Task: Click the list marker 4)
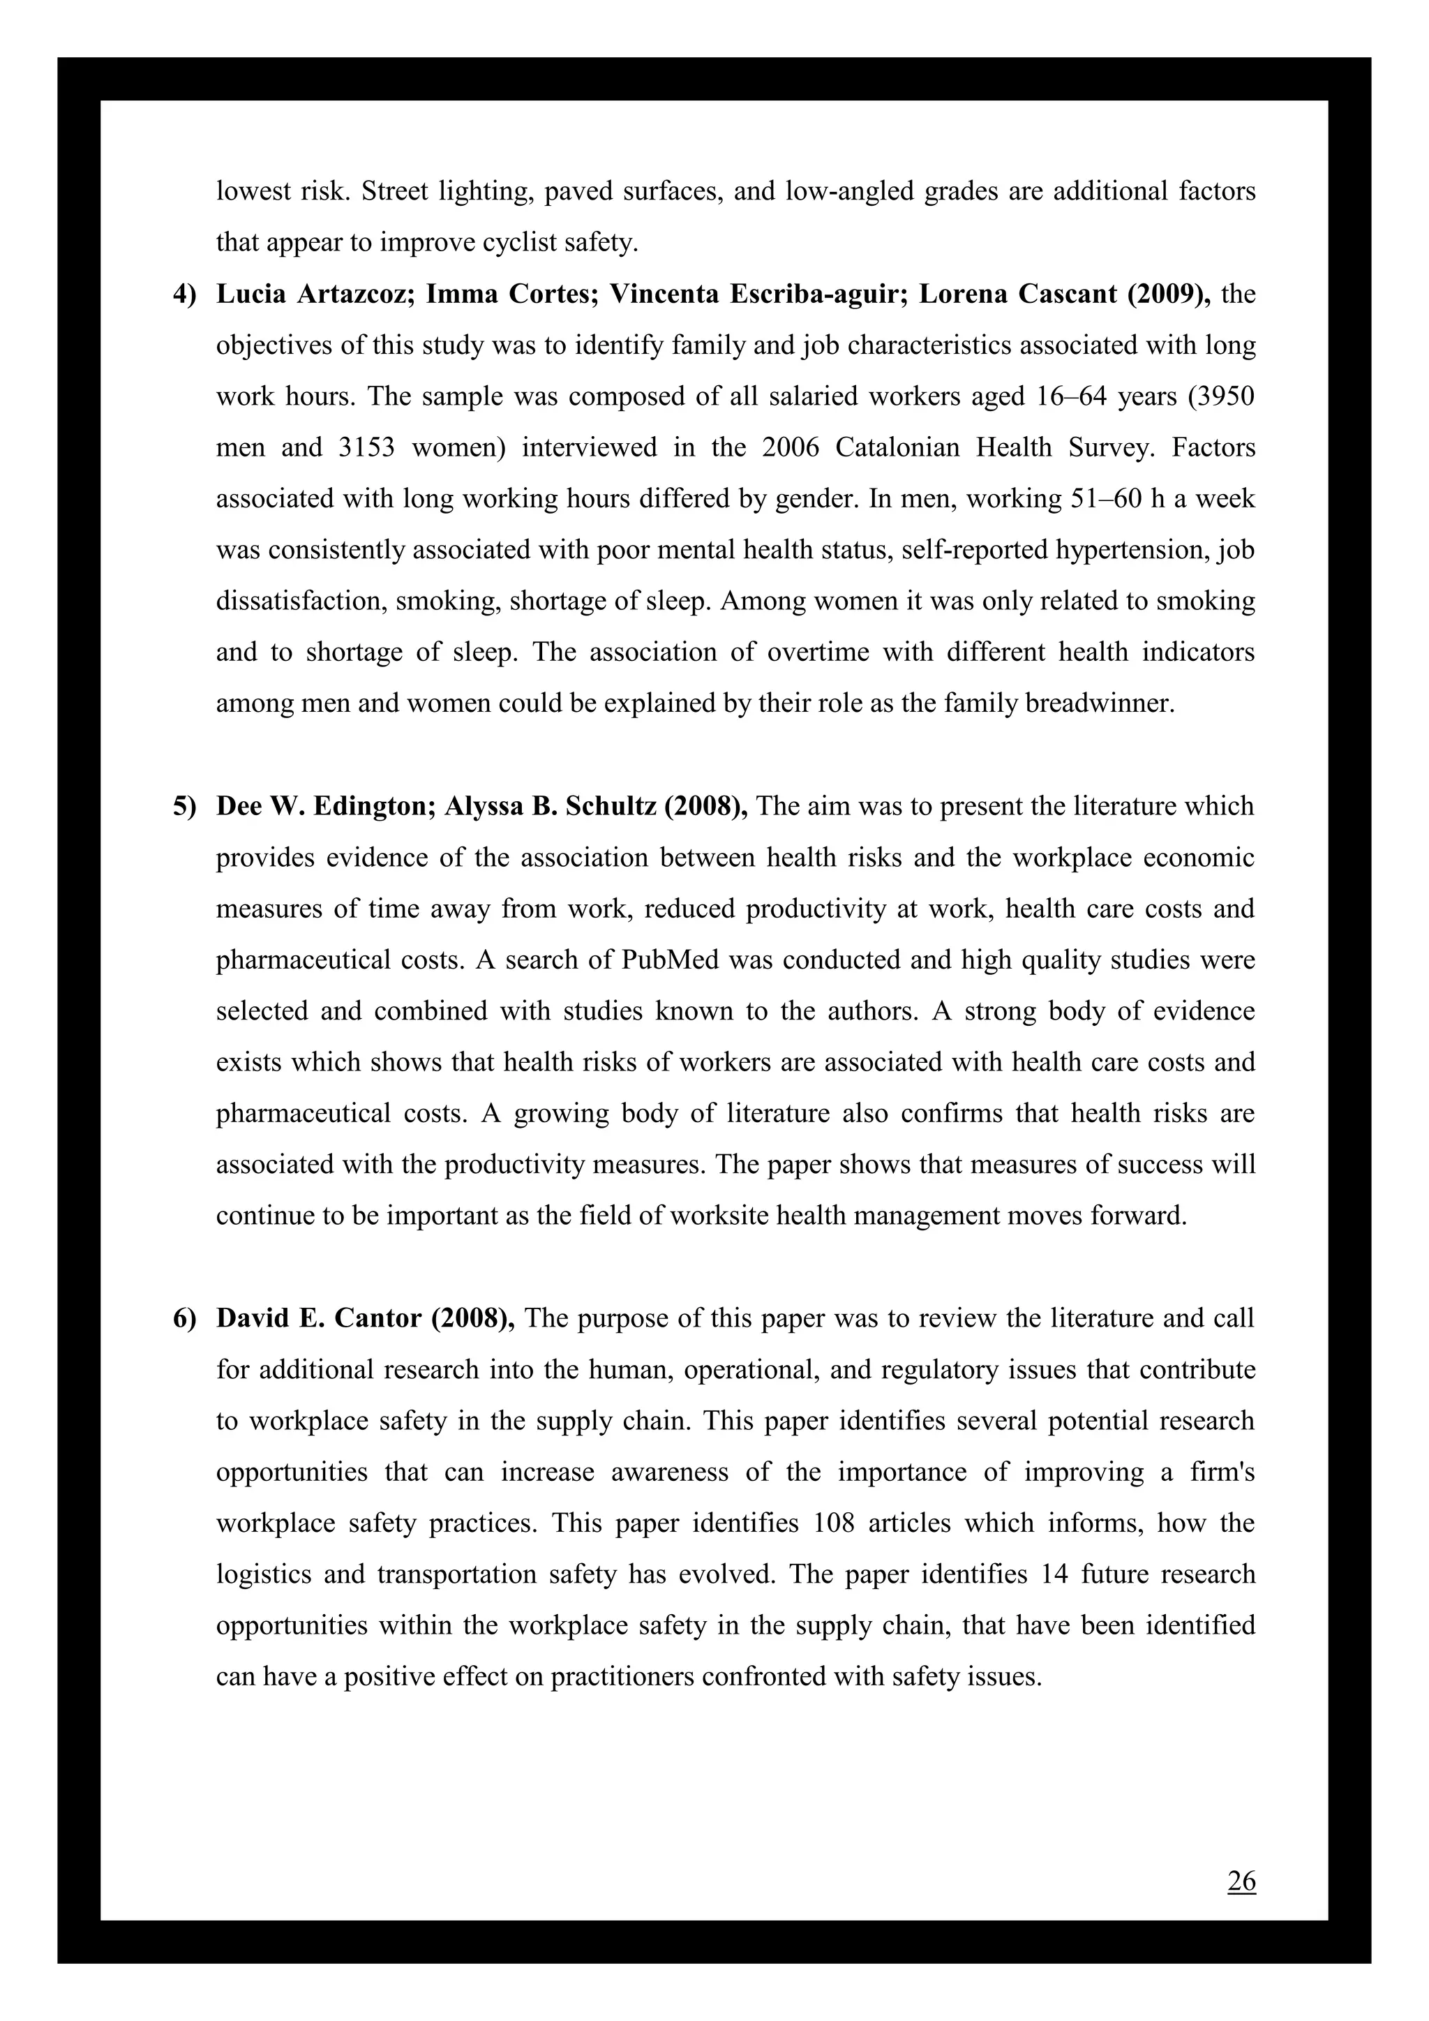(184, 294)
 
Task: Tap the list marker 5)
(184, 806)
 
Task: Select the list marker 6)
(184, 1318)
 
